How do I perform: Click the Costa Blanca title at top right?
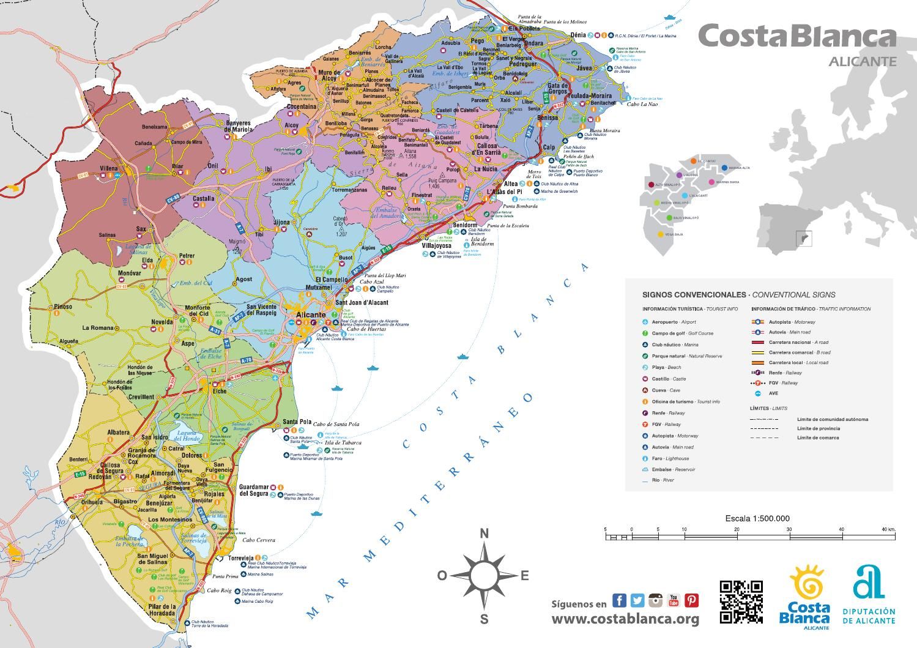point(796,37)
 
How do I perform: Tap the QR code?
point(741,601)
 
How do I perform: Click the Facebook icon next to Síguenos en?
point(619,600)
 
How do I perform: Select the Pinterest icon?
point(691,600)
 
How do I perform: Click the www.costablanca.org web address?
point(625,619)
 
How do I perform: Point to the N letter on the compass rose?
point(484,534)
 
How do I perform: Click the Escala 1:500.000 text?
point(757,518)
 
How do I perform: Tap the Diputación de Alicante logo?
point(868,595)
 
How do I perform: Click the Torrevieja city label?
point(240,559)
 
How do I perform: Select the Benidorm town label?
point(464,225)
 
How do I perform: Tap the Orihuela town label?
point(92,502)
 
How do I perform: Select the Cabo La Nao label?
point(642,104)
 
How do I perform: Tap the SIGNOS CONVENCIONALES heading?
point(694,294)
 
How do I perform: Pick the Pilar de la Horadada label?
point(162,610)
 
